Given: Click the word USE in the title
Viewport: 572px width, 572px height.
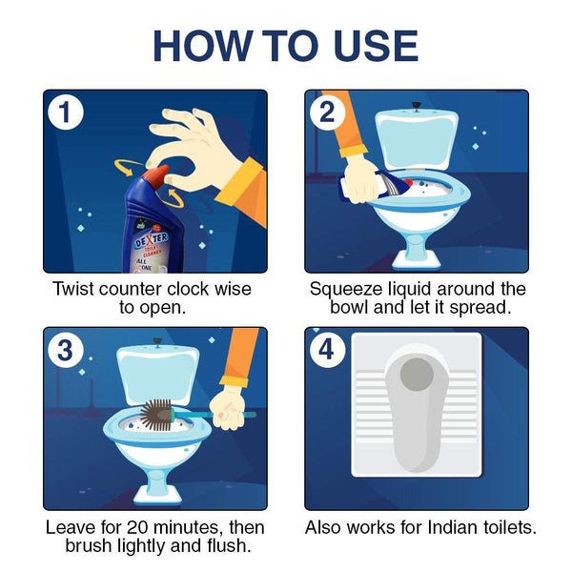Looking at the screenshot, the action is [x=376, y=46].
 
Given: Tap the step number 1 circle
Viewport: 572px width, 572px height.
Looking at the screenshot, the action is [x=66, y=112].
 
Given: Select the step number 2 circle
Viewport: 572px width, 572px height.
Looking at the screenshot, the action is [x=327, y=112].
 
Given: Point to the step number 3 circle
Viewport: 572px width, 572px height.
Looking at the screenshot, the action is [x=66, y=350].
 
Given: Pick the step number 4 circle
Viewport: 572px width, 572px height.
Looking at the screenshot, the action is [x=327, y=350].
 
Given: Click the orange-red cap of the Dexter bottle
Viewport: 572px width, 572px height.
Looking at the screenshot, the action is [x=156, y=176].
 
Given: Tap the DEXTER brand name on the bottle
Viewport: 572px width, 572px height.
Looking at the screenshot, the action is [x=152, y=239].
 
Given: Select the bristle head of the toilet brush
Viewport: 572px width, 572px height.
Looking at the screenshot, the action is [x=155, y=415].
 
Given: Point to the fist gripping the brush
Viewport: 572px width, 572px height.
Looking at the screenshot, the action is [x=228, y=410].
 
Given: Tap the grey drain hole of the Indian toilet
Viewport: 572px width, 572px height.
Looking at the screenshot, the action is [x=417, y=375].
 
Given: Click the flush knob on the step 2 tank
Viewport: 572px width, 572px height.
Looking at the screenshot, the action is [x=416, y=106].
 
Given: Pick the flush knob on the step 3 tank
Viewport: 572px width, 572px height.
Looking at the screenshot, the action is [x=157, y=342].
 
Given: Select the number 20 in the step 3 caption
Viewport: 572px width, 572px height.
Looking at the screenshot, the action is [x=137, y=528].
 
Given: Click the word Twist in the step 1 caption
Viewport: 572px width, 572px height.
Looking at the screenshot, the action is [x=73, y=289].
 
